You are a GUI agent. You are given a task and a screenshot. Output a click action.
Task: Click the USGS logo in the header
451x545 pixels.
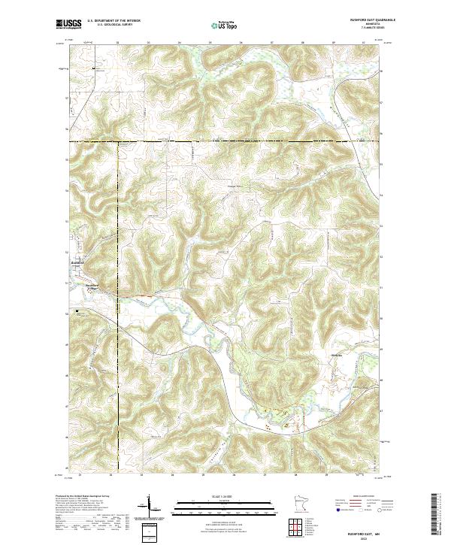click(69, 25)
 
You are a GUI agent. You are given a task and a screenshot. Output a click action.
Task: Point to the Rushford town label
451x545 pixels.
click(77, 262)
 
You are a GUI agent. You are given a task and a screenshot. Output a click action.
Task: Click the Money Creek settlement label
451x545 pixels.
click(336, 356)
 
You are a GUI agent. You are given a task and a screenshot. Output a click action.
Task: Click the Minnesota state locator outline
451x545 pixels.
click(301, 504)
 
